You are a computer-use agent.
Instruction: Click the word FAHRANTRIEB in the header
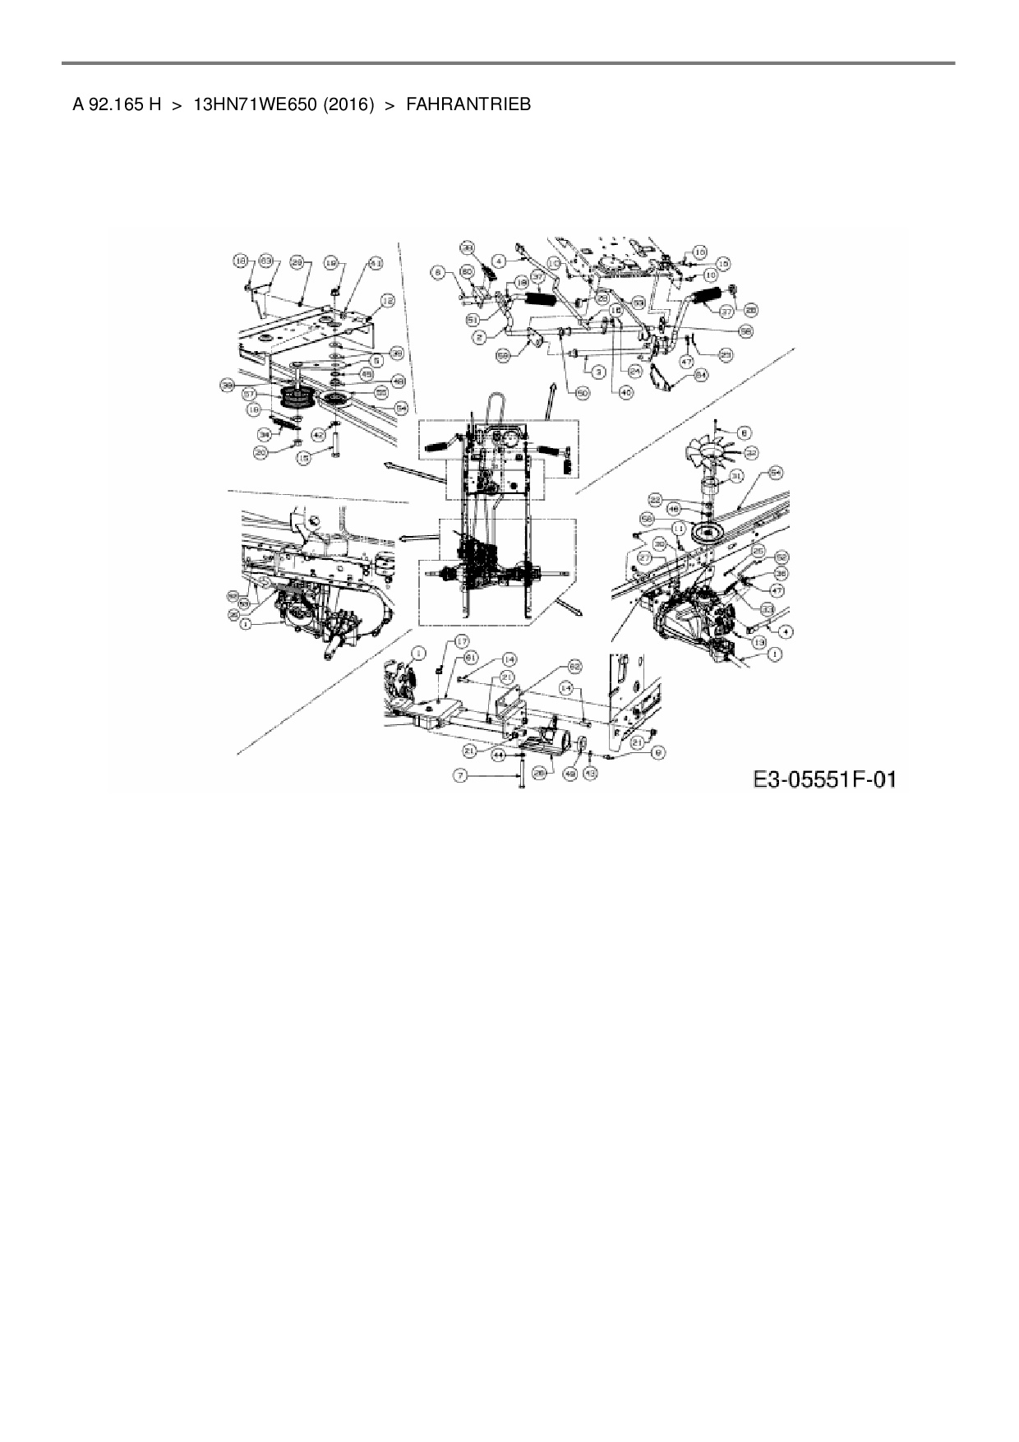pos(468,104)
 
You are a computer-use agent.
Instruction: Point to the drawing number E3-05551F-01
pos(824,779)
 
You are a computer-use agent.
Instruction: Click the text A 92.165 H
pos(116,104)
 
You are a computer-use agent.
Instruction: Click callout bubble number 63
pos(265,261)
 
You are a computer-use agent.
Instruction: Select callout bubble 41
pos(376,263)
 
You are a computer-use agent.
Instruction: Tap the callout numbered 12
pos(387,301)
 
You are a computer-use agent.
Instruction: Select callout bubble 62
pos(574,665)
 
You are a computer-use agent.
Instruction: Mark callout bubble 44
pos(498,754)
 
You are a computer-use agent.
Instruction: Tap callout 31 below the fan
pos(735,475)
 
